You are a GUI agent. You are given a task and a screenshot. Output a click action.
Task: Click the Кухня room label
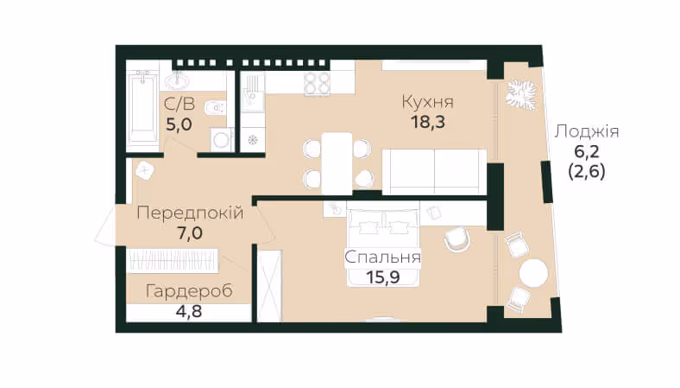[428, 102]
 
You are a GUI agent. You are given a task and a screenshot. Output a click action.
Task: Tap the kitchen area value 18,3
[428, 123]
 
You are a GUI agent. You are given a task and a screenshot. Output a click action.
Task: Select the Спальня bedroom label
[382, 258]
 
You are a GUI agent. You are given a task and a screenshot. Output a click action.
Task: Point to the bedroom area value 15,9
[382, 277]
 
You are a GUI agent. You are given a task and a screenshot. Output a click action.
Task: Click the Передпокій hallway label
[190, 213]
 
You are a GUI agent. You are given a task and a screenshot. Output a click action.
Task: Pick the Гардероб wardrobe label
[189, 291]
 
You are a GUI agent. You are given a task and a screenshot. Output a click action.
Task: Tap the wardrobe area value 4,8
[189, 311]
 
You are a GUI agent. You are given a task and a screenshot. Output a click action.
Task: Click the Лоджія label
[586, 131]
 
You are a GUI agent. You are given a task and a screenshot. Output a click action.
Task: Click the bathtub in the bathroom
[142, 107]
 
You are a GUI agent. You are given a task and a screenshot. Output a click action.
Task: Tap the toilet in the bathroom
[214, 107]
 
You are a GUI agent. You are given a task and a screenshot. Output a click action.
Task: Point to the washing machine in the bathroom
[222, 139]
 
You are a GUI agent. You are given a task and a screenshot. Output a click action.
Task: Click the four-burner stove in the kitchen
[317, 83]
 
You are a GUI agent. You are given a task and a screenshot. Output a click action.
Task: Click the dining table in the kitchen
[337, 163]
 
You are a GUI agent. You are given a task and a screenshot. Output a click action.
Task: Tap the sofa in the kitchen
[435, 172]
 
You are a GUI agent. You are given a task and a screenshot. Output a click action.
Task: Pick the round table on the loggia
[534, 272]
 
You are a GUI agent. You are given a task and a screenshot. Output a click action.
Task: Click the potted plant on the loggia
[521, 95]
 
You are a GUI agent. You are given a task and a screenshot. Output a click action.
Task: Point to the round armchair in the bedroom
[457, 239]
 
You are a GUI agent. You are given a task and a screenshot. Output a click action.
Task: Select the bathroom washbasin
[179, 80]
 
